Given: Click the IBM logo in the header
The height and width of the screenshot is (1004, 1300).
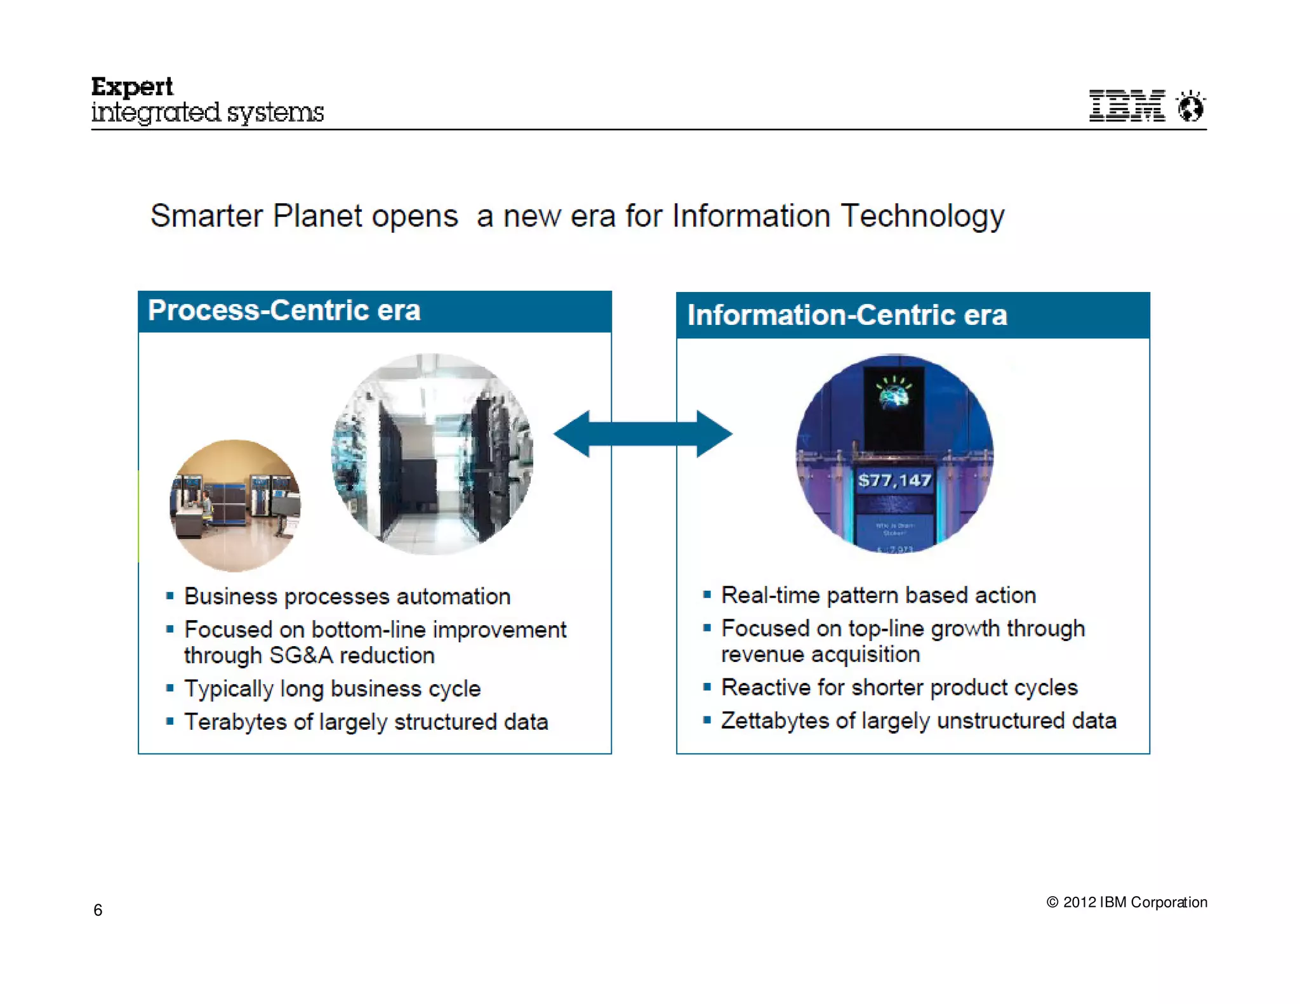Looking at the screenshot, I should [x=1127, y=105].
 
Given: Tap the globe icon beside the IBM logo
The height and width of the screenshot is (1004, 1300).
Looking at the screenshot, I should [x=1191, y=107].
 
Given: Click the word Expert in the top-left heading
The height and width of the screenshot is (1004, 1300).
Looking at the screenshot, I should [x=132, y=87].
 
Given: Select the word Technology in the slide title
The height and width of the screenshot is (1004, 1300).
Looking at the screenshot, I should [x=922, y=216].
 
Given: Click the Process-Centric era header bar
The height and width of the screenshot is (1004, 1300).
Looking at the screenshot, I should [x=375, y=312].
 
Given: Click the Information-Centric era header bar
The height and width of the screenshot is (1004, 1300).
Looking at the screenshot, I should [x=912, y=315].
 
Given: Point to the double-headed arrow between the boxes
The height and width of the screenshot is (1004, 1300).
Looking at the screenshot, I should [x=643, y=434].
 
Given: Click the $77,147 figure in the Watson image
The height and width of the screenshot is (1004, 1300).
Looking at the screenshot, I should [x=894, y=480].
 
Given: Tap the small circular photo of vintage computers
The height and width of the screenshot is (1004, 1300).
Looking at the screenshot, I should [x=235, y=506].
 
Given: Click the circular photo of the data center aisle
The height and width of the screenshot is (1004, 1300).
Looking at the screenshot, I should [x=432, y=454].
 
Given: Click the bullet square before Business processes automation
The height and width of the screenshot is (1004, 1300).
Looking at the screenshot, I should [x=169, y=596].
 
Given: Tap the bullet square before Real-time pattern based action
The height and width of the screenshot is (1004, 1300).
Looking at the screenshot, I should [x=706, y=595].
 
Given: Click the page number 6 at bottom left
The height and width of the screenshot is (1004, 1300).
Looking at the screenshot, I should [x=98, y=910].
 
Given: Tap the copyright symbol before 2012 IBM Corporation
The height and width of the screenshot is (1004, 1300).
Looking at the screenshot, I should [x=1052, y=902].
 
